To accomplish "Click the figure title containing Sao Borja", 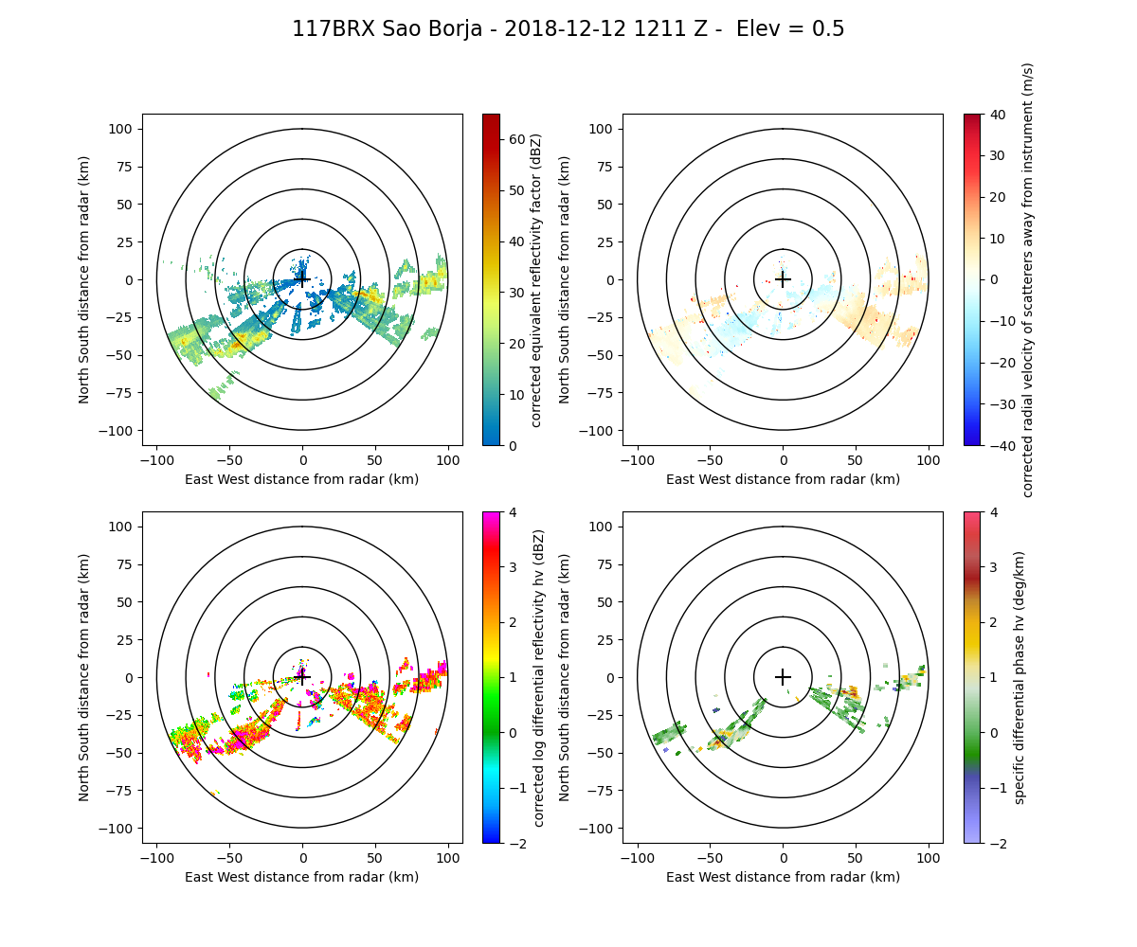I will point(568,29).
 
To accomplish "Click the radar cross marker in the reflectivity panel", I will point(302,279).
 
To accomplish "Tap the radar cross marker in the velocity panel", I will point(783,279).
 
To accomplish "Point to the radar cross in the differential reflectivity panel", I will point(302,677).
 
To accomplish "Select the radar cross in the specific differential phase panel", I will point(783,677).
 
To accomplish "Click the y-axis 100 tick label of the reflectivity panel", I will point(124,129).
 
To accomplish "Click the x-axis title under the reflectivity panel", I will point(302,479).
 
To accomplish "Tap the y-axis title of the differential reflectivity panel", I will point(84,677).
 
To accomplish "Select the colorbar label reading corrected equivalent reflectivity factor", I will point(536,279).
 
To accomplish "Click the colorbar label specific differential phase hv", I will point(1020,677).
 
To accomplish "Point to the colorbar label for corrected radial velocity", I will point(1028,279).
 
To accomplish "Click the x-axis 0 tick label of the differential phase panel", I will point(783,858).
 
